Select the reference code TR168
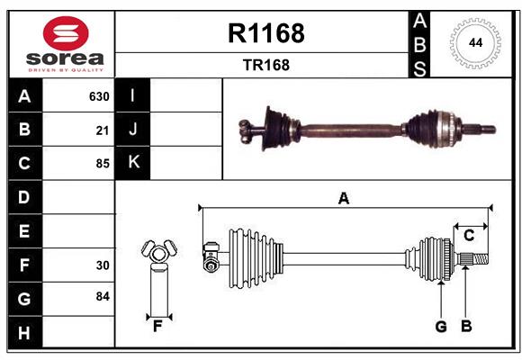pos(265,66)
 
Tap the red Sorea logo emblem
pos(66,35)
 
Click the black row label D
pos(24,197)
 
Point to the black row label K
pos(133,162)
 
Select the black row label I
pos(133,95)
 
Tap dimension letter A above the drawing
pos(343,198)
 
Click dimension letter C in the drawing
pos(469,236)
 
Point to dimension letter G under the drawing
pos(441,327)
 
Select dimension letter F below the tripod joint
pos(157,327)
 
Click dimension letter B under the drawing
pos(466,327)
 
